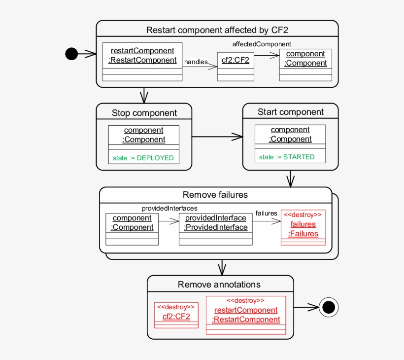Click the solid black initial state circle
point(71,54)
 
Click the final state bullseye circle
point(329,308)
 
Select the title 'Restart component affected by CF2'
point(217,30)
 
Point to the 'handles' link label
point(196,62)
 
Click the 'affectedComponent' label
point(262,44)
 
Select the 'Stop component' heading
point(144,113)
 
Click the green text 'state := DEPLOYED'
point(143,158)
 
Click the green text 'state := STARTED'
point(287,157)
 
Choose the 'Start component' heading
point(291,112)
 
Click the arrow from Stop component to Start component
point(217,137)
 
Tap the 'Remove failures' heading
point(215,195)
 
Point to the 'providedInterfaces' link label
point(169,208)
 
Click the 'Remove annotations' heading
point(219,284)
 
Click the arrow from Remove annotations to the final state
point(305,308)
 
